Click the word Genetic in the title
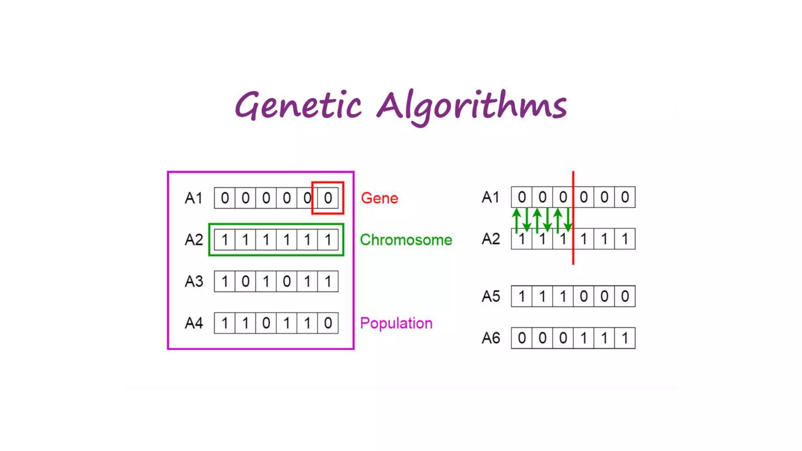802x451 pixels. click(x=298, y=105)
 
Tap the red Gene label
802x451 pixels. click(x=379, y=198)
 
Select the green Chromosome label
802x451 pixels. click(x=406, y=240)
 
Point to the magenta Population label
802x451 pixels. click(x=396, y=323)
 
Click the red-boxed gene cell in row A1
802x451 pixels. click(x=328, y=198)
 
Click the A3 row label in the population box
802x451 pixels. click(x=194, y=281)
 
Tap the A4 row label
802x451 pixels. click(x=194, y=323)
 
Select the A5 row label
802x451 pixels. click(x=491, y=296)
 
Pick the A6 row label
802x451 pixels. click(x=491, y=338)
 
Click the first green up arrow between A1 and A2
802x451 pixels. click(x=517, y=220)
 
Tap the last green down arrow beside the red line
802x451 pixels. click(x=568, y=220)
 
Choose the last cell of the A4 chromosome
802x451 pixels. click(x=328, y=323)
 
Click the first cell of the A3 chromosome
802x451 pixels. click(x=225, y=281)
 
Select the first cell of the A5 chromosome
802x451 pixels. click(x=522, y=296)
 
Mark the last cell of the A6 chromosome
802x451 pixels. click(x=625, y=338)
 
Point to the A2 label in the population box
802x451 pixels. click(x=194, y=240)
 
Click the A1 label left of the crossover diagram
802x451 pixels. click(x=491, y=197)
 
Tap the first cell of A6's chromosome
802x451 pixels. click(x=522, y=338)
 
